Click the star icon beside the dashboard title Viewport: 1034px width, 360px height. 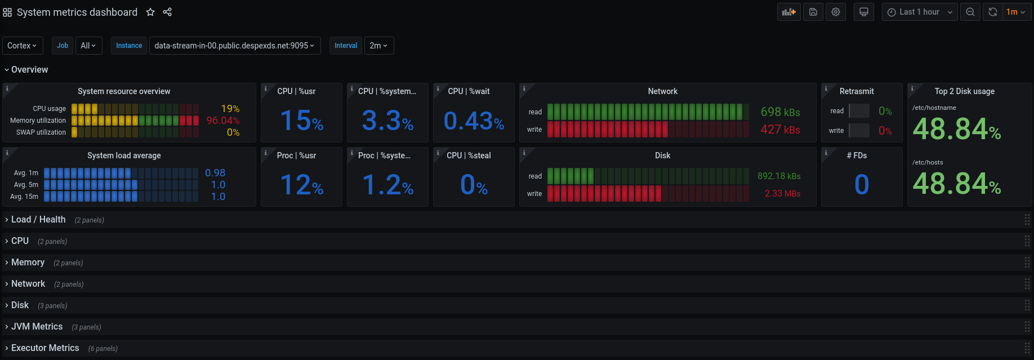(150, 12)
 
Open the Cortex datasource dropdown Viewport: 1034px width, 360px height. (23, 46)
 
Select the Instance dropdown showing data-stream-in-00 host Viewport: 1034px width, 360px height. (234, 46)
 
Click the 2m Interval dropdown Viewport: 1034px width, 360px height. (378, 46)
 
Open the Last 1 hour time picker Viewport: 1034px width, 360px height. (919, 12)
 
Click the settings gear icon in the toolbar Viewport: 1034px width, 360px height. (836, 12)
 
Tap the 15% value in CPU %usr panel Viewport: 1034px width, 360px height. (301, 121)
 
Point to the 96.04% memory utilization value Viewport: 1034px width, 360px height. (222, 121)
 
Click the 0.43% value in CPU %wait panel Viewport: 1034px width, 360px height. (474, 121)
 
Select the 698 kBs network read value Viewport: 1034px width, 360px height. (780, 112)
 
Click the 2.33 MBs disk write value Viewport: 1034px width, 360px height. (782, 194)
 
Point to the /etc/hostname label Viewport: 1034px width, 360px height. (934, 108)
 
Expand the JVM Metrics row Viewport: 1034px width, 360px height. (37, 327)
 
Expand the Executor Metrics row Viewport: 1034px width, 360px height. (45, 348)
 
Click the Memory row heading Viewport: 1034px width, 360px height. (28, 263)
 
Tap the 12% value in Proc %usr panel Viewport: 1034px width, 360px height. (301, 185)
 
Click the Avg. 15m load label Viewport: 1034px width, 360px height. (24, 197)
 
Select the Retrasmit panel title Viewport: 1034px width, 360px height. (857, 91)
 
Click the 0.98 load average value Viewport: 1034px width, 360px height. (215, 173)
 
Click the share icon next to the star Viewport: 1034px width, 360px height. (167, 12)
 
